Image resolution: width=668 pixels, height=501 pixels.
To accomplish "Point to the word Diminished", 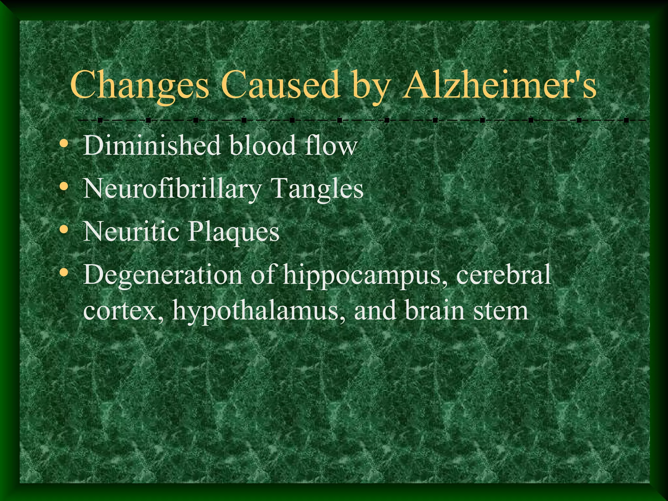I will click(x=152, y=145).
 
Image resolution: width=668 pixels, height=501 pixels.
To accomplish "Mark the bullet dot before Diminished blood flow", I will click(x=64, y=143).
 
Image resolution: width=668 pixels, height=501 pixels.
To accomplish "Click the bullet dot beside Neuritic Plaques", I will click(x=64, y=229).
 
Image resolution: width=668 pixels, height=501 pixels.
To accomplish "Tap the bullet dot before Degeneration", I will click(x=64, y=272).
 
